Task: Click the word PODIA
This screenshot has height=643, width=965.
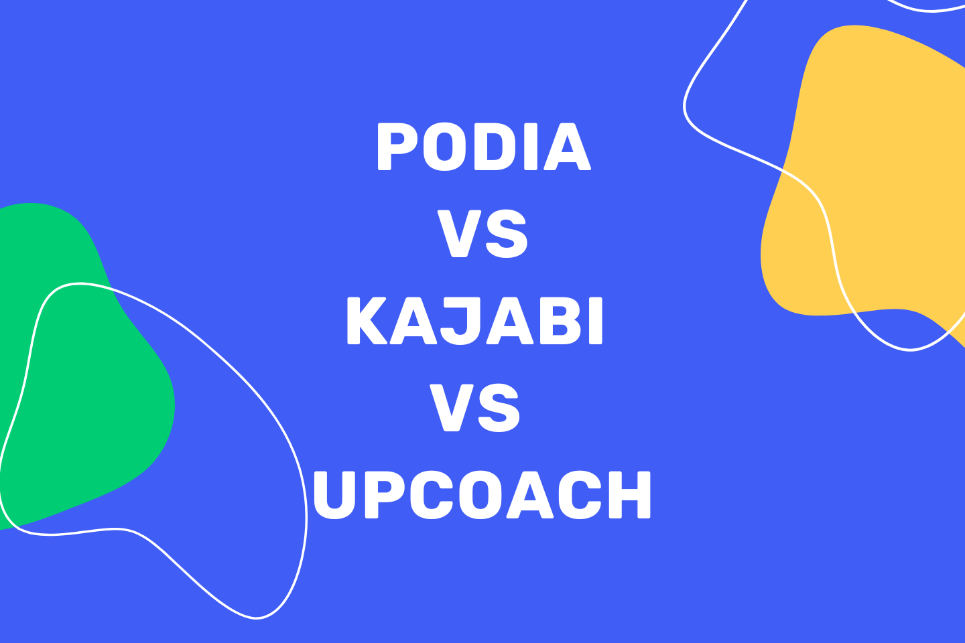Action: click(x=482, y=147)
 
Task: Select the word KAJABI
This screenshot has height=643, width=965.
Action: click(x=474, y=321)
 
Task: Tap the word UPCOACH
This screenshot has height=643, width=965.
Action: click(x=482, y=495)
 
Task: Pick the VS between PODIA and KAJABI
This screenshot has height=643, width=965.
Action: click(x=483, y=234)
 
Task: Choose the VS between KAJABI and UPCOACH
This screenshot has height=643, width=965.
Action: click(x=475, y=408)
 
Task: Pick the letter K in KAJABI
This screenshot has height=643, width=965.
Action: click(x=367, y=321)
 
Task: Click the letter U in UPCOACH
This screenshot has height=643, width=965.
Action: click(x=334, y=495)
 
